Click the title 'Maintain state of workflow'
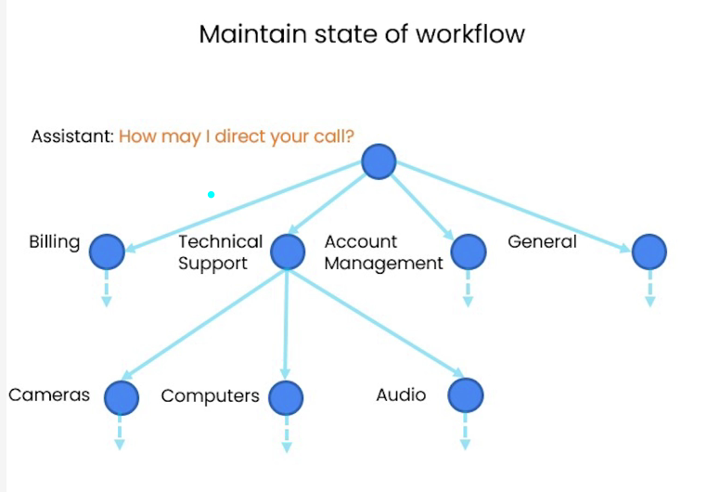coord(362,34)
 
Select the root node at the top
coord(379,162)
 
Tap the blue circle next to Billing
coord(107,250)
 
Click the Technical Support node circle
coord(288,251)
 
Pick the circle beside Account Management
coord(469,251)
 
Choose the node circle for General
coord(649,251)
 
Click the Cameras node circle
coord(121,398)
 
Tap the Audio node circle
coord(466,396)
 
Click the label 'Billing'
coord(54,242)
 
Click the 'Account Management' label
coord(383,252)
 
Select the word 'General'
coord(542,242)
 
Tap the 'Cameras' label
coord(49,395)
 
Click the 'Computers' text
coord(210,396)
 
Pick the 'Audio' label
coord(401,395)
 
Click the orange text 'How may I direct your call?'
coord(237,136)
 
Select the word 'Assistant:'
coord(72,136)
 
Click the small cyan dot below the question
coord(212,194)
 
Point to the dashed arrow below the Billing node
coord(107,289)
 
